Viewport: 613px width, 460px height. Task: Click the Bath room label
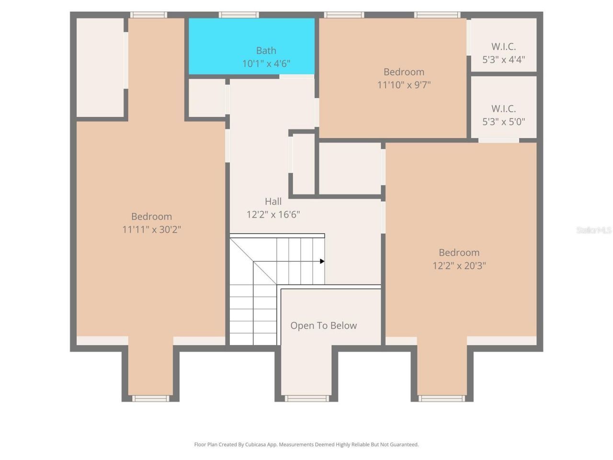(x=266, y=50)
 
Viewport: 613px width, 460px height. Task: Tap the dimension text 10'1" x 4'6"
(x=266, y=63)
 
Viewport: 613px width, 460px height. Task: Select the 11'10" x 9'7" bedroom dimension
(x=404, y=85)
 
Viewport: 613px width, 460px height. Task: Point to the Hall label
(x=273, y=201)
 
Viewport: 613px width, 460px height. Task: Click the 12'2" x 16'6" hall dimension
(x=273, y=214)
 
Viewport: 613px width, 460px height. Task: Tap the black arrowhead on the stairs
(x=322, y=261)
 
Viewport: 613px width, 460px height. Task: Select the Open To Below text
(x=323, y=325)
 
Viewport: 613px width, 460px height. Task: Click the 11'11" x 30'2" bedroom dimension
(x=151, y=230)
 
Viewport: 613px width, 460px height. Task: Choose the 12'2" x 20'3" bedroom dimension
(x=459, y=265)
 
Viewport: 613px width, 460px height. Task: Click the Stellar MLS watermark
(x=594, y=230)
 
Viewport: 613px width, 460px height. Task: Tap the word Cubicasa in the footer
(x=256, y=445)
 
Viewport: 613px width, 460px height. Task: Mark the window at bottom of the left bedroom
(x=150, y=398)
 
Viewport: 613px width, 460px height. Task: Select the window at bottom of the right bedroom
(x=442, y=398)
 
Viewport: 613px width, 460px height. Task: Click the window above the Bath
(x=238, y=15)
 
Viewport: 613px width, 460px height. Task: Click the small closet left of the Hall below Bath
(x=206, y=98)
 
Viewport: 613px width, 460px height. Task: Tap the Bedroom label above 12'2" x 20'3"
(x=459, y=253)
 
